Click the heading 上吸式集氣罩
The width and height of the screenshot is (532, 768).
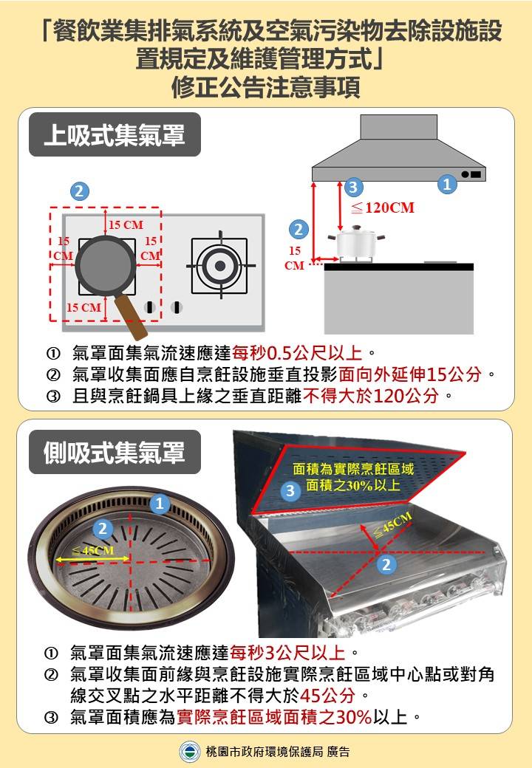tap(114, 134)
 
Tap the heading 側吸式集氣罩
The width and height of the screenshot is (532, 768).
tap(114, 452)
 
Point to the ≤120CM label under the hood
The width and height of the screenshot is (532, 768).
tap(382, 208)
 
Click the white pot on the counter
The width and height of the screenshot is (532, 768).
tap(357, 245)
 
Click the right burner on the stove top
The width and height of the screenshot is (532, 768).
tap(219, 266)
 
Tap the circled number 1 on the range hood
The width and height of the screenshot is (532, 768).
tap(446, 184)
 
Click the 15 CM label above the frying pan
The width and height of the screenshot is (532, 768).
tap(126, 224)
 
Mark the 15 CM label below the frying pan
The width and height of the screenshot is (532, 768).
tap(83, 306)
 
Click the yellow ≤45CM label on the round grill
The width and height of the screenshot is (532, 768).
tap(93, 551)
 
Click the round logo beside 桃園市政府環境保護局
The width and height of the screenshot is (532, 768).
tap(190, 752)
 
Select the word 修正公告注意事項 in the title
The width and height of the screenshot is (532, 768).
tap(266, 88)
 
